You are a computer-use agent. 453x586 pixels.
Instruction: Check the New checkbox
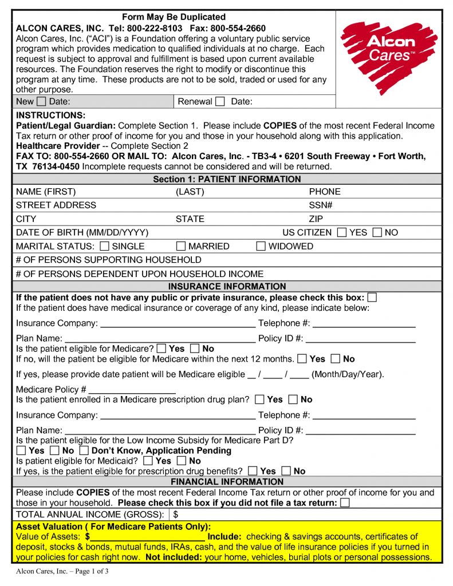tap(41, 102)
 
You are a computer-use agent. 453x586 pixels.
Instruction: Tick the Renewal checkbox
tap(220, 102)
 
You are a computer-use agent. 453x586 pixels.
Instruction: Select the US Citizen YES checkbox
tap(342, 232)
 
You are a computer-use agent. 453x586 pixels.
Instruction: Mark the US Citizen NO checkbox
tap(377, 232)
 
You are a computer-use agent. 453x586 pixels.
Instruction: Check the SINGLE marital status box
tap(104, 246)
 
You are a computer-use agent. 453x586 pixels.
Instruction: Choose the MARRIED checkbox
tap(181, 246)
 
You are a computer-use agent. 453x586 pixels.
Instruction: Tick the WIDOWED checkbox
tap(261, 246)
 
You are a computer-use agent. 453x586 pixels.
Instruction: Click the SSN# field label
tap(321, 205)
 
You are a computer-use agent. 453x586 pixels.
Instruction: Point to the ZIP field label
tap(316, 219)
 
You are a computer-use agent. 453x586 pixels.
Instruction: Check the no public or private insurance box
tap(372, 298)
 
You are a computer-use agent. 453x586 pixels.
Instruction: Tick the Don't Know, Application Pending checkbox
tap(84, 450)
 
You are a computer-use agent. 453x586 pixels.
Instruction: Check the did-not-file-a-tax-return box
tap(345, 502)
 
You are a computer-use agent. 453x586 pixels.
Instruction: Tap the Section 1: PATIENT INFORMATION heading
tap(227, 179)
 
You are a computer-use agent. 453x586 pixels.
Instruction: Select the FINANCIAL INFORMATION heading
tap(227, 481)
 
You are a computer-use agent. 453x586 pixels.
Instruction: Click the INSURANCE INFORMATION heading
tap(227, 286)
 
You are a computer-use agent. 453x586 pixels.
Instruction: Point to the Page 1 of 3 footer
tap(62, 571)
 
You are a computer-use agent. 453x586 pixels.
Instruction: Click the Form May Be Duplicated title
tap(174, 17)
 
